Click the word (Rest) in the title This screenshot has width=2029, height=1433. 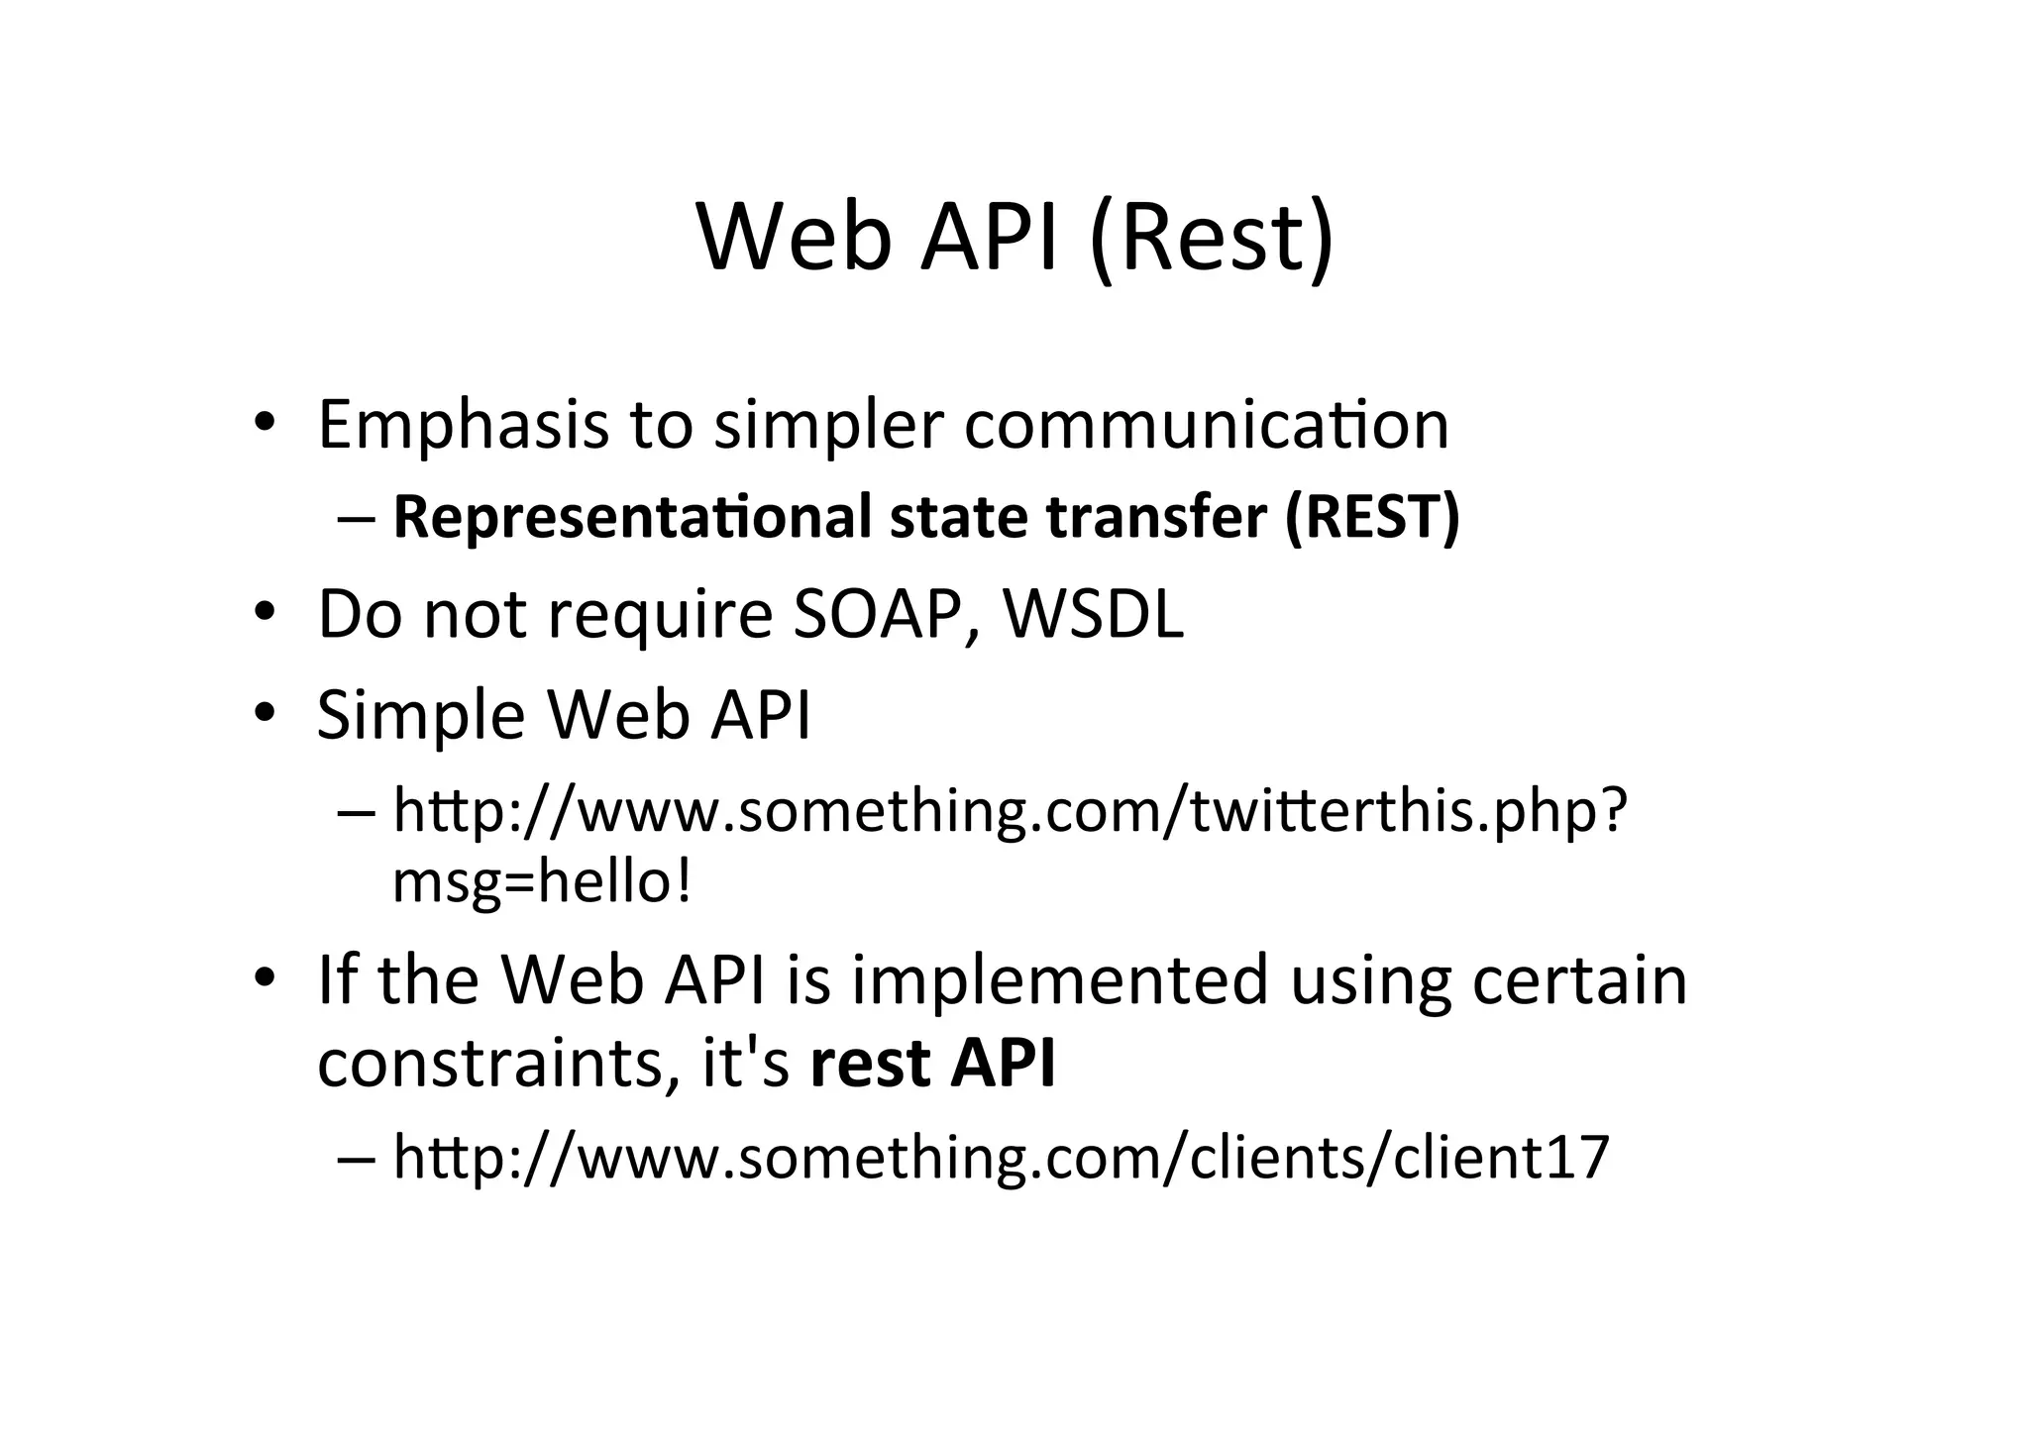tap(1212, 239)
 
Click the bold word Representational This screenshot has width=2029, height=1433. tap(633, 517)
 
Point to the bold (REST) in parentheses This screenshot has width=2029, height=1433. tap(1372, 517)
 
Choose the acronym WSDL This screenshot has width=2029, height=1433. tap(1093, 614)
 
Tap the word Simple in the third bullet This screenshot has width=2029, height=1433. tap(421, 715)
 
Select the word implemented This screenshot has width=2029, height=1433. tap(1060, 980)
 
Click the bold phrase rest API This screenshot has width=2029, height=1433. tap(932, 1063)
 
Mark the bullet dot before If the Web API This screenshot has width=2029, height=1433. tap(263, 978)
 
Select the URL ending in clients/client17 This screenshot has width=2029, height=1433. tap(1001, 1156)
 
